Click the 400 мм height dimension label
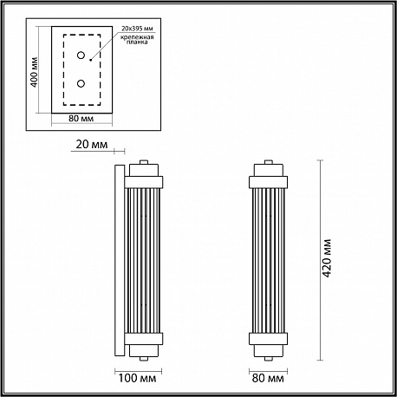click(35, 73)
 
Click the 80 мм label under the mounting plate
click(81, 119)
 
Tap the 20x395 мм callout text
click(137, 29)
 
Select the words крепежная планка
click(137, 40)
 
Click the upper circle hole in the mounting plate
click(81, 55)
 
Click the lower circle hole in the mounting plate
click(81, 84)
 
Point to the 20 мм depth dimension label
click(92, 144)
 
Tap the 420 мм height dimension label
click(327, 258)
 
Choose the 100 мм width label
click(137, 378)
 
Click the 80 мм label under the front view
click(268, 378)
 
